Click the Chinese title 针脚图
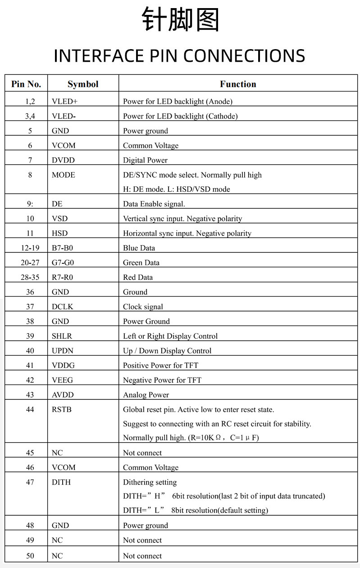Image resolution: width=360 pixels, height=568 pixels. [180, 20]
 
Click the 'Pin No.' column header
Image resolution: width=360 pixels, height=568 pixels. [26, 84]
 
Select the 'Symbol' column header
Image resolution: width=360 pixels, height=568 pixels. [83, 84]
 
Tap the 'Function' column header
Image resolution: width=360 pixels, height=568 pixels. [238, 84]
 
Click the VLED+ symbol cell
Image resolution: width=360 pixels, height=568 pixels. [65, 101]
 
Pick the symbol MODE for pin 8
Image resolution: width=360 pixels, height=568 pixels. [64, 175]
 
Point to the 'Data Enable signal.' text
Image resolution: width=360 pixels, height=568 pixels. [154, 204]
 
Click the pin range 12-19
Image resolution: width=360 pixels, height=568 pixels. [30, 248]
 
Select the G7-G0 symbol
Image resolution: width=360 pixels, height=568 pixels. [63, 263]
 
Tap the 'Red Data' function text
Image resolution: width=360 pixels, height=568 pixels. [138, 277]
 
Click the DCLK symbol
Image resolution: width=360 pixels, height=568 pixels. [62, 307]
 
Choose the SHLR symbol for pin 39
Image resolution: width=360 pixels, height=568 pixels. [62, 336]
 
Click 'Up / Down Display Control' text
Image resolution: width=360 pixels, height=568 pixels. [167, 351]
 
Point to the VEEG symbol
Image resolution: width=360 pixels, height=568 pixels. [62, 380]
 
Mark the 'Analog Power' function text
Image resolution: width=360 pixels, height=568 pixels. [146, 395]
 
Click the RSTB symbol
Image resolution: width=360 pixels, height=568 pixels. [62, 410]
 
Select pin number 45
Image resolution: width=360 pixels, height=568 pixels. [30, 453]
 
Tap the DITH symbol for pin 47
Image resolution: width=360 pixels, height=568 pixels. [61, 482]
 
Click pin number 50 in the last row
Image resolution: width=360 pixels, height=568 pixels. [30, 556]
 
